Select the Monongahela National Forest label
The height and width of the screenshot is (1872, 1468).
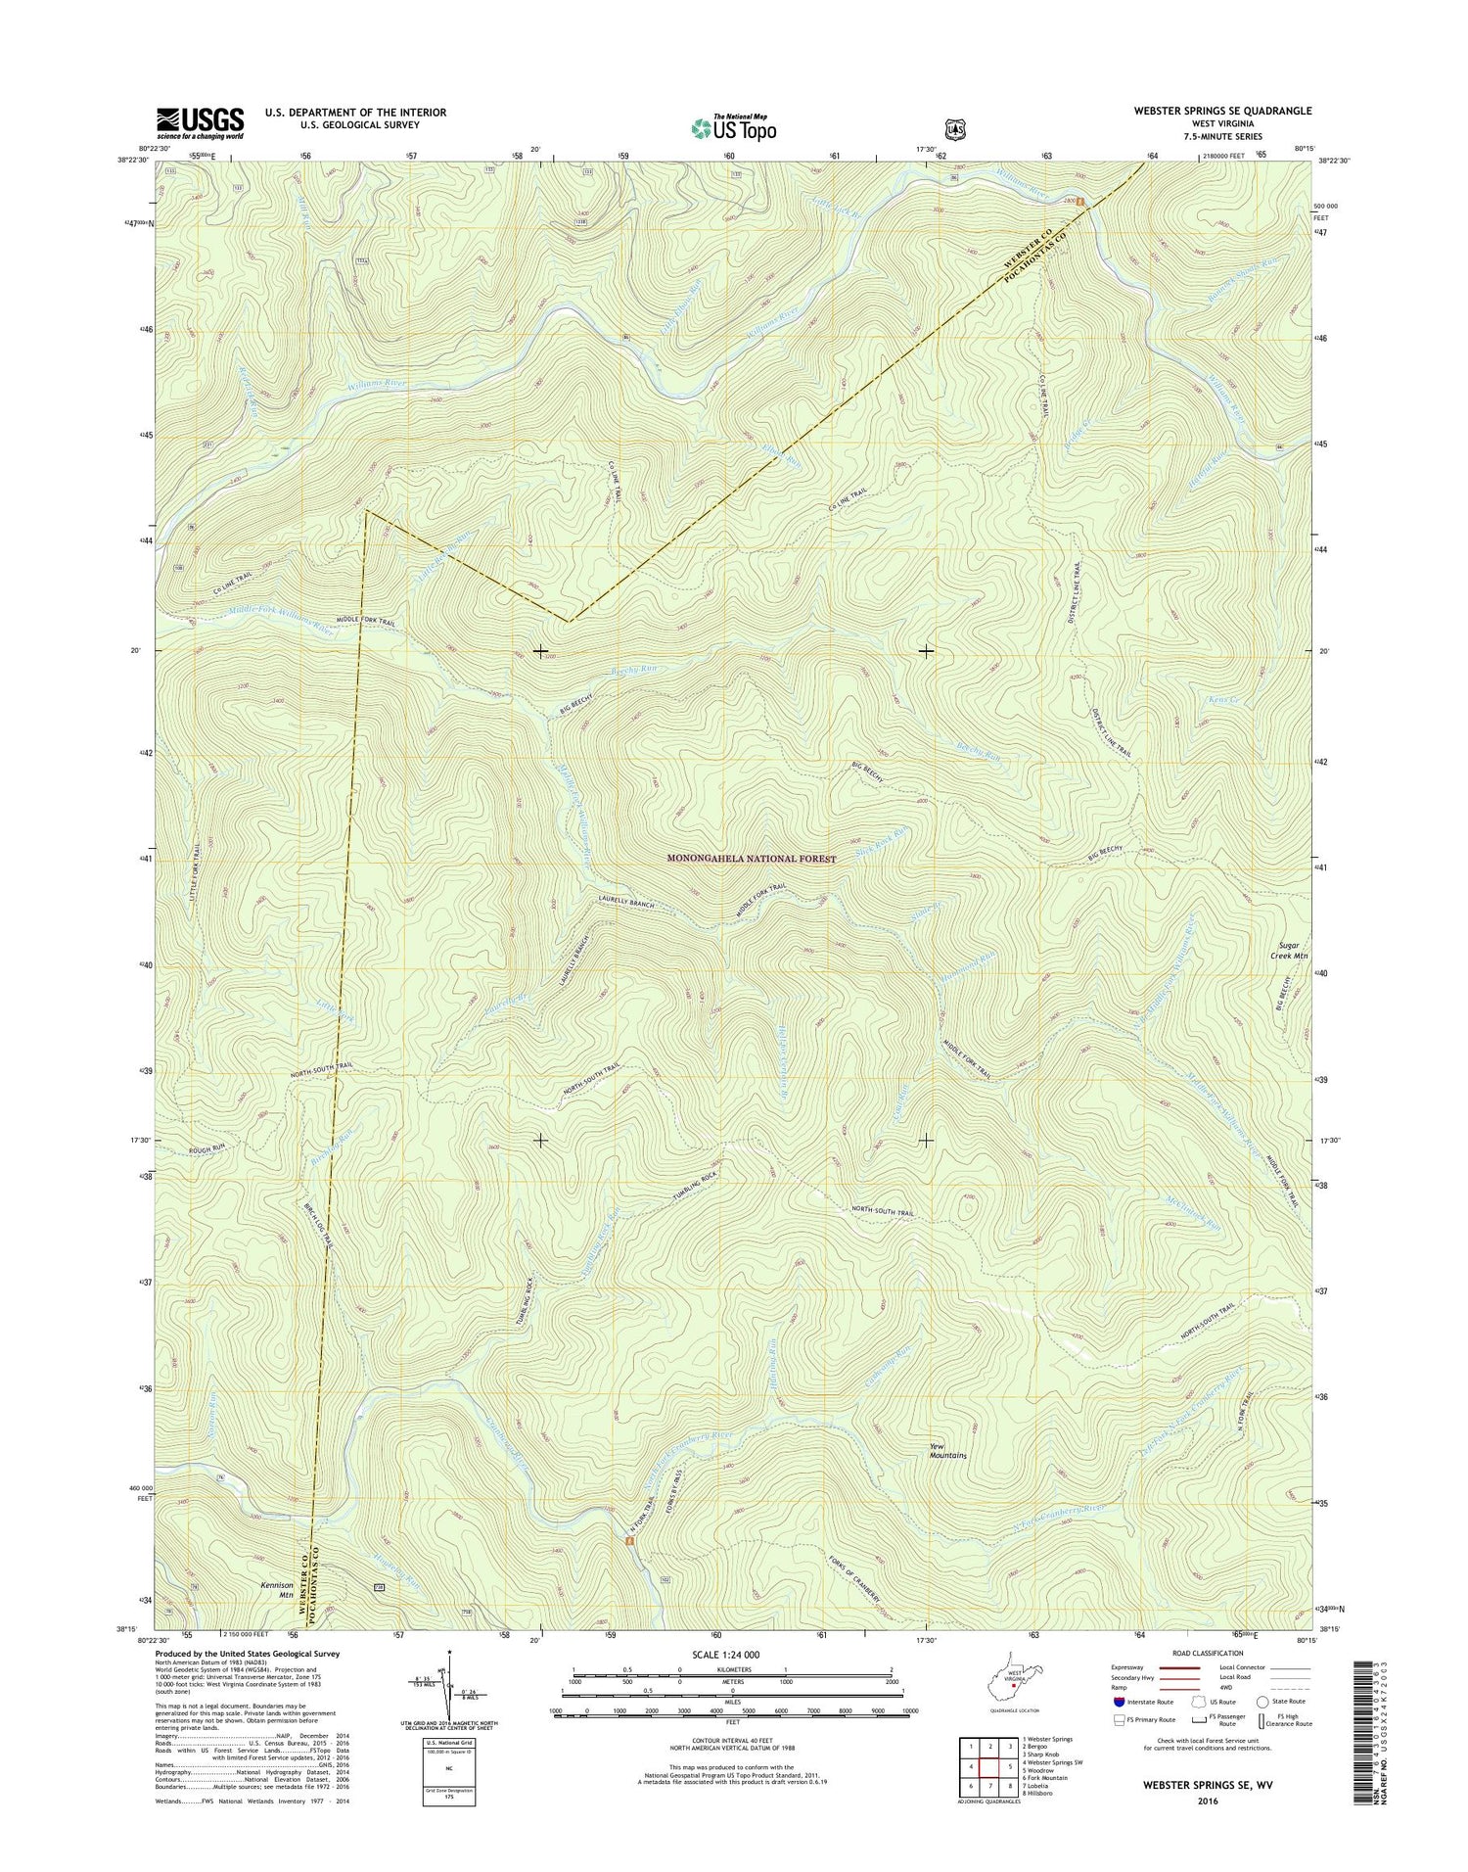[752, 859]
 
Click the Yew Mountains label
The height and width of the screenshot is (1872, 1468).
[947, 1451]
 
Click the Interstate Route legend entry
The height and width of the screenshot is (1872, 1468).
[1140, 1702]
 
